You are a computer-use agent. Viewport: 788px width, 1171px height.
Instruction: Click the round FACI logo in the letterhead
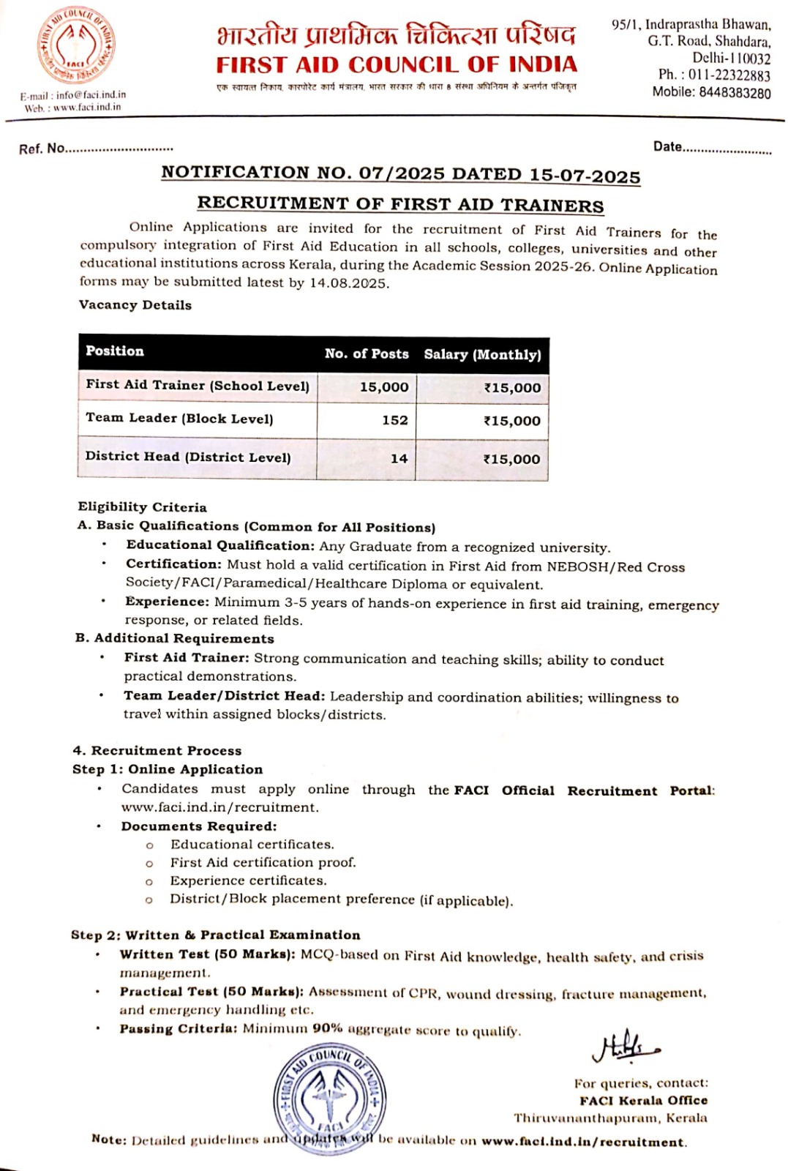(x=76, y=45)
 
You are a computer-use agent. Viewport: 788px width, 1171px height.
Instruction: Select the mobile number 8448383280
(x=735, y=93)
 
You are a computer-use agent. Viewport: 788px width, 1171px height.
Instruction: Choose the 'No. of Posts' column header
(x=367, y=354)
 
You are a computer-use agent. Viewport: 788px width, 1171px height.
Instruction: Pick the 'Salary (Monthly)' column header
(x=482, y=355)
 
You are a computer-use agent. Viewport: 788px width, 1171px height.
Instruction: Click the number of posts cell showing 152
(x=394, y=420)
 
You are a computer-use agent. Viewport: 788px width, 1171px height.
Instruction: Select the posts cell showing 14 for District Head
(x=399, y=459)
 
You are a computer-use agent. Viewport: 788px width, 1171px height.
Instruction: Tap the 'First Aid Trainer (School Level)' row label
(x=198, y=385)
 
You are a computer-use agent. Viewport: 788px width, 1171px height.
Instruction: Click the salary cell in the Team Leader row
(x=511, y=421)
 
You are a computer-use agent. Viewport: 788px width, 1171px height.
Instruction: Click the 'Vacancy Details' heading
(x=135, y=305)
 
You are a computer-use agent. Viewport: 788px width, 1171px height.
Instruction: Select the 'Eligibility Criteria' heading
(x=142, y=507)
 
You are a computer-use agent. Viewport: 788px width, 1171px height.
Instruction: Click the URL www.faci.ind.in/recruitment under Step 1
(x=219, y=807)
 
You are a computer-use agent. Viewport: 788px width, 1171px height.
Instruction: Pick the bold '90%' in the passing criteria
(x=327, y=1028)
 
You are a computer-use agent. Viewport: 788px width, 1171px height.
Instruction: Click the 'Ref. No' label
(x=42, y=149)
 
